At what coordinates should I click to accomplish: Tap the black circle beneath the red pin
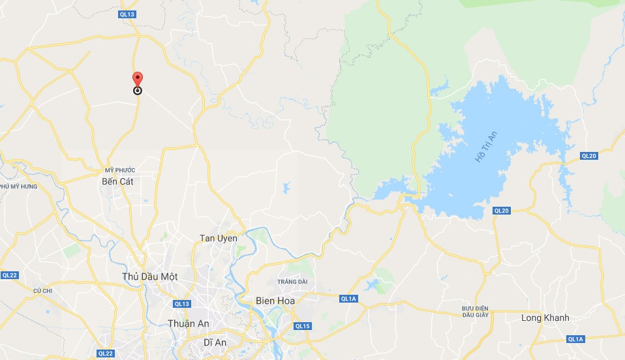point(138,91)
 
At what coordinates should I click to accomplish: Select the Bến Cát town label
point(117,181)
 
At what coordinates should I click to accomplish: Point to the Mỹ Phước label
point(119,170)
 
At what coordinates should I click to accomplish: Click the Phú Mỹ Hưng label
point(18,187)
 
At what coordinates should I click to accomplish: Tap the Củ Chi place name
point(42,290)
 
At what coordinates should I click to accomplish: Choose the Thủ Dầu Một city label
point(150,277)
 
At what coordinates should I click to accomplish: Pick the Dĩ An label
point(215,342)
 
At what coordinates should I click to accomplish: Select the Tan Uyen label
point(218,238)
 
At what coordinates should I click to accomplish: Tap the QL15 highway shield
point(303,326)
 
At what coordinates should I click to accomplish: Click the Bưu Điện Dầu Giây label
point(475,311)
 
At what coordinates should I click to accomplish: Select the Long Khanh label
point(545,318)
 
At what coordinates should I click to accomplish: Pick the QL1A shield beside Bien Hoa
point(348,298)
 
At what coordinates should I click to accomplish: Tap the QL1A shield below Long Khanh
point(575,339)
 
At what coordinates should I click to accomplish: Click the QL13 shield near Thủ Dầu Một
point(182,304)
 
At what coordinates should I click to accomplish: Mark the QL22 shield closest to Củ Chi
point(8,275)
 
